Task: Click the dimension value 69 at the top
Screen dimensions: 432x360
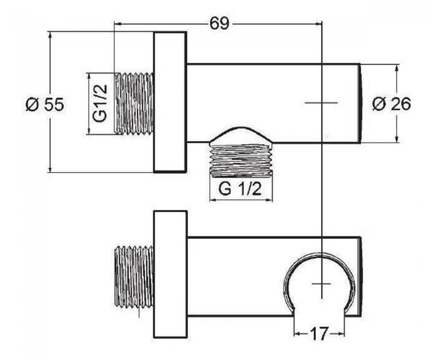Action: pyautogui.click(x=219, y=23)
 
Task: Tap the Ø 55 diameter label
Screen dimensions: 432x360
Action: pyautogui.click(x=45, y=104)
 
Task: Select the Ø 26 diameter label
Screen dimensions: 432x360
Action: pyautogui.click(x=392, y=104)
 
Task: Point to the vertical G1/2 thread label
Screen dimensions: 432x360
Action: pyautogui.click(x=100, y=103)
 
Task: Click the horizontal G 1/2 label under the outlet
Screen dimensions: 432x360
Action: pyautogui.click(x=240, y=189)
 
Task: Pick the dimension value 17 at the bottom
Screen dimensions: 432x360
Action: pyautogui.click(x=320, y=334)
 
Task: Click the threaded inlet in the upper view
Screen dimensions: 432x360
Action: pyautogui.click(x=134, y=104)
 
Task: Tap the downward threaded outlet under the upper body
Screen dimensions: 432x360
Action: pyautogui.click(x=241, y=159)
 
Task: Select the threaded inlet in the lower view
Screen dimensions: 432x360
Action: pyautogui.click(x=134, y=276)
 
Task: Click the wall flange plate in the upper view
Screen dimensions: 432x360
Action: pyautogui.click(x=170, y=102)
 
